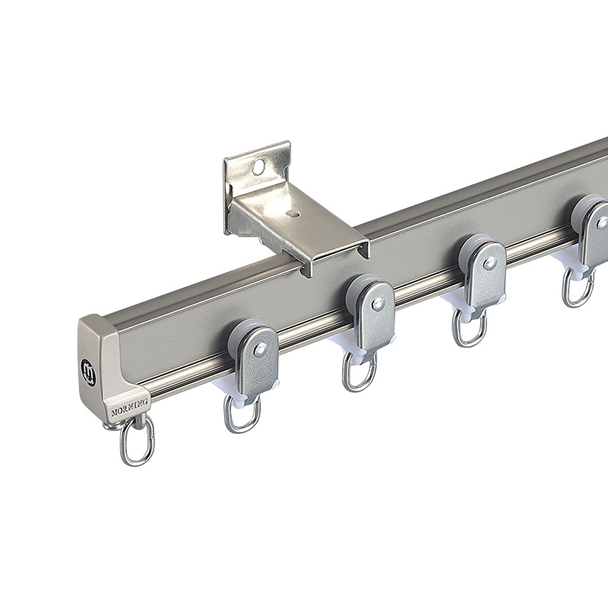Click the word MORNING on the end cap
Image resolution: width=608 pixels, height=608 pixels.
pos(129,407)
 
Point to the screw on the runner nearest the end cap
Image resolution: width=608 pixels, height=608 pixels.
pos(261,350)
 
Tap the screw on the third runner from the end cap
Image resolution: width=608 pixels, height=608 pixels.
pos(489,263)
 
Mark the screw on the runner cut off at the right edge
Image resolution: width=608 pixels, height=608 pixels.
pos(602,223)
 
